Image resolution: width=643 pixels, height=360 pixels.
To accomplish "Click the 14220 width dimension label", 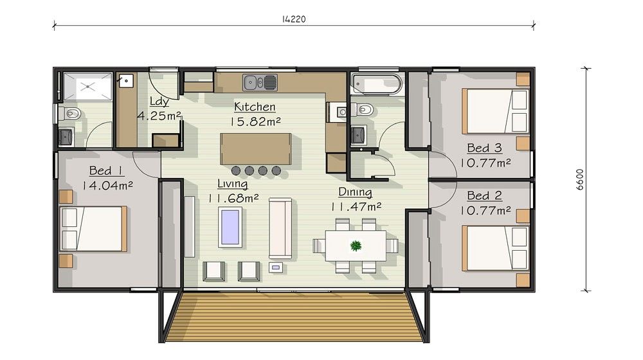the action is click(294, 19).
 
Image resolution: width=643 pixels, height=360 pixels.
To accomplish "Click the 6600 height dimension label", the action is click(580, 179).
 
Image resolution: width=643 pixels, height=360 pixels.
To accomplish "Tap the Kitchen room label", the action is click(255, 107).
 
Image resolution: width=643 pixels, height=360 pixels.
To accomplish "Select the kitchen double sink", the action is click(260, 82).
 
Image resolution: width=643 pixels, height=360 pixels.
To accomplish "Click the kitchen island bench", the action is click(255, 148).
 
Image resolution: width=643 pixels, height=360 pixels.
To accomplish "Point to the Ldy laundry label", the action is click(159, 102).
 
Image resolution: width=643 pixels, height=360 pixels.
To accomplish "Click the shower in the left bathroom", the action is click(87, 87).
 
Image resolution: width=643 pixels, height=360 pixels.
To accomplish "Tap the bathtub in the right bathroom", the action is click(376, 84).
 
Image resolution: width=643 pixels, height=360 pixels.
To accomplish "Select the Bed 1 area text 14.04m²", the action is click(108, 185).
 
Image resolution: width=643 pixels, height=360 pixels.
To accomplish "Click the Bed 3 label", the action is click(484, 148).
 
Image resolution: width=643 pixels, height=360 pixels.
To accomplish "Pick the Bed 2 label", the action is click(484, 195).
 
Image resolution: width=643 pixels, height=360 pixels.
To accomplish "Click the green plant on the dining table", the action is click(356, 246).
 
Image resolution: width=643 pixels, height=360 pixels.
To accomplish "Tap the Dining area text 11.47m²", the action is click(356, 206).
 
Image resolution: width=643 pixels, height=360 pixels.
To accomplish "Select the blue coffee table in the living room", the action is click(230, 227).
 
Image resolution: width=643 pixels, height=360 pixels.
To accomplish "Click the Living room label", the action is click(233, 184).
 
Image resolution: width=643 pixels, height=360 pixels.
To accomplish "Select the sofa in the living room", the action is click(280, 228).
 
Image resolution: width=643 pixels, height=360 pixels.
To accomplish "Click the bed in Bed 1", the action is click(93, 228).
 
